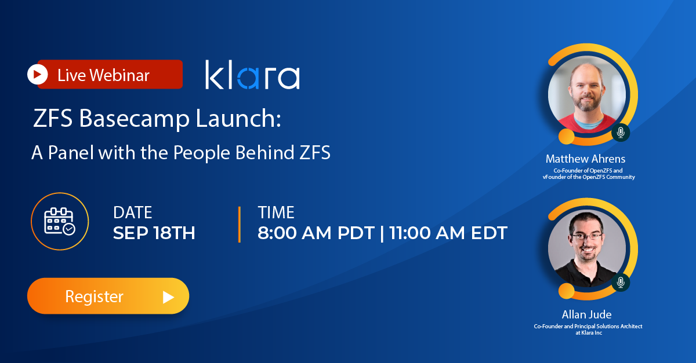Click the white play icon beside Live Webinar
(37, 75)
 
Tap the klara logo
(253, 75)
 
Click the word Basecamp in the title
(134, 119)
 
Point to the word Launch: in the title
(238, 118)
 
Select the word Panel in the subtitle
(71, 152)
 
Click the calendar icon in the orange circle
(60, 221)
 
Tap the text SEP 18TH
(154, 233)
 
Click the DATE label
(133, 212)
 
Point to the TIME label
(276, 212)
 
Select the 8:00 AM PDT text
(316, 233)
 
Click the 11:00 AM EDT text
(448, 233)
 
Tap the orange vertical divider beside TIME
(239, 224)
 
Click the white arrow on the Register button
(168, 297)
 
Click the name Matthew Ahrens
(585, 159)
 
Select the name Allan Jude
(586, 314)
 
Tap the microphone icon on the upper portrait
(621, 133)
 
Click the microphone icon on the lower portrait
(621, 283)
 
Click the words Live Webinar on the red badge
(103, 75)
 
